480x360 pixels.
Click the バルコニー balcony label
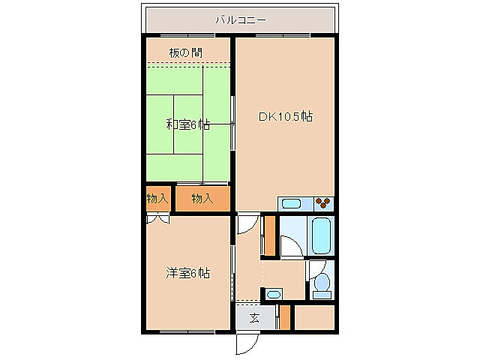coord(240,20)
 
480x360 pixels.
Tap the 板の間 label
coord(184,52)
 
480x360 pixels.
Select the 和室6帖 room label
coord(187,124)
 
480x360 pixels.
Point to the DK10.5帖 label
coord(285,117)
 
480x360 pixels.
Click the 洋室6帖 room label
coord(187,273)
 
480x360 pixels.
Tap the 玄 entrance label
coord(254,318)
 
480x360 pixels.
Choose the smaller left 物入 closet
coord(157,199)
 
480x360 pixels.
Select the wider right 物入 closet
coord(202,199)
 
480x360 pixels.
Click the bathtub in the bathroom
coord(321,235)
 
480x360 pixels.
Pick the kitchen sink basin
coord(290,203)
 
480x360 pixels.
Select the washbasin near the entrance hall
coord(274,293)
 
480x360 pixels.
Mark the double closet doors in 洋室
coord(157,219)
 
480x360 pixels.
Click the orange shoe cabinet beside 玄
coord(284,318)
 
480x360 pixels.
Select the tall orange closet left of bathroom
coord(268,235)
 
